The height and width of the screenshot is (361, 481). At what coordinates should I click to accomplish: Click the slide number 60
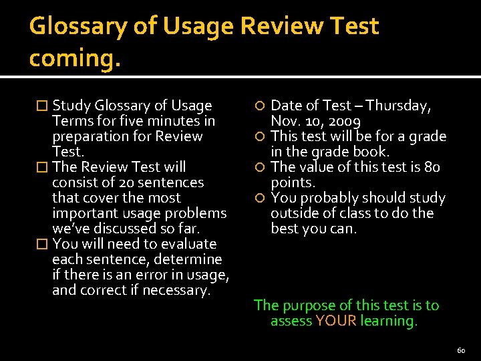pyautogui.click(x=461, y=350)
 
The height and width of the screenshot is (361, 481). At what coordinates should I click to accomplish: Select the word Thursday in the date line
pyautogui.click(x=398, y=106)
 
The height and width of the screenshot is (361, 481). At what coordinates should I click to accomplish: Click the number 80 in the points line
pyautogui.click(x=432, y=167)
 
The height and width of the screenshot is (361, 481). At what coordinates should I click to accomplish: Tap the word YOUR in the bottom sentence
pyautogui.click(x=336, y=321)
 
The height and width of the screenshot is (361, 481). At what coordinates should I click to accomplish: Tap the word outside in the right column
pyautogui.click(x=293, y=213)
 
